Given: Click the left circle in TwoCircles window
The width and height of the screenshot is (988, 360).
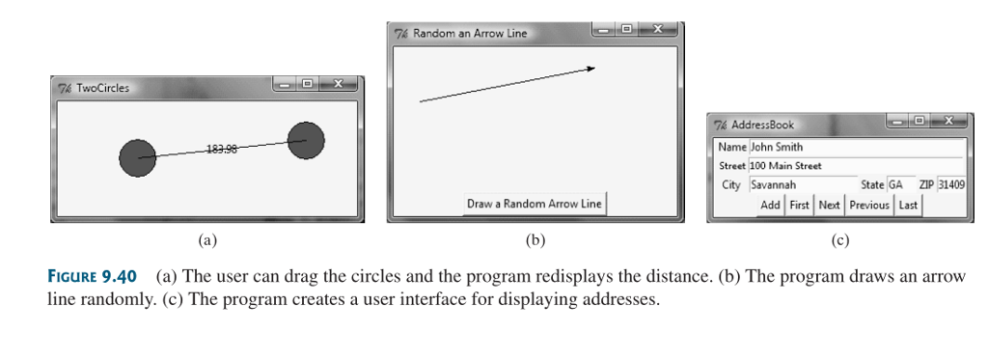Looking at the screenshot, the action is (x=137, y=158).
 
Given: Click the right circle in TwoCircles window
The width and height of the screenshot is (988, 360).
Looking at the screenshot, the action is (x=306, y=141).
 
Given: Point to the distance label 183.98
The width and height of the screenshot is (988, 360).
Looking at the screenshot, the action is (x=221, y=149).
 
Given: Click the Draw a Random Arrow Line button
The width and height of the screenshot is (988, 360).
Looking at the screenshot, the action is (x=535, y=204).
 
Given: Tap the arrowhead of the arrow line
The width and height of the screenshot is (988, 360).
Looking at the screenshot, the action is (x=590, y=68).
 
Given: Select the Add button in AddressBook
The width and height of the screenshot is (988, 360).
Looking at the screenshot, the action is (x=770, y=205).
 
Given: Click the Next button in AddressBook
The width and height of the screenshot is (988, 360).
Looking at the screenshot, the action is (x=829, y=205).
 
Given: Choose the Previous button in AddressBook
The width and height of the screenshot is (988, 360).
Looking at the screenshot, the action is (x=869, y=205).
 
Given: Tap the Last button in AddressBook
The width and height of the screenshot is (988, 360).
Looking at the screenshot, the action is (x=908, y=205).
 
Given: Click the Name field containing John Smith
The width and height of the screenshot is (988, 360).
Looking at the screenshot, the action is (x=855, y=148).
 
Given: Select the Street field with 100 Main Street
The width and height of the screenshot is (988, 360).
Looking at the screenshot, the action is (x=855, y=166).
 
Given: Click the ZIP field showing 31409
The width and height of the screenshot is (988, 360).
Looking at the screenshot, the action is (x=950, y=184).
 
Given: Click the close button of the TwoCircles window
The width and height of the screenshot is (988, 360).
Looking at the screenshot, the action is (x=337, y=85).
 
